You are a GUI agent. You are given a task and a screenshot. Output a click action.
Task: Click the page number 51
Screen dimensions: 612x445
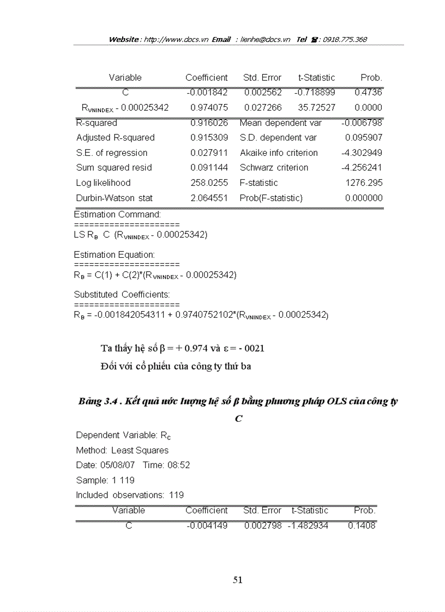237,580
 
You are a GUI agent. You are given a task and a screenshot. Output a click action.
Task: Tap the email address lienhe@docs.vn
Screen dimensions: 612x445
265,39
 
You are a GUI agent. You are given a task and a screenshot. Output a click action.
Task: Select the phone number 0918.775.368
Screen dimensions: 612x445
345,39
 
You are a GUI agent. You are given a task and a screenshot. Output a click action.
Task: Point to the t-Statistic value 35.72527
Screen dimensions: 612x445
316,108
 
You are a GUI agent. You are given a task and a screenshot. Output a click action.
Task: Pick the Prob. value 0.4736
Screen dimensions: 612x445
368,93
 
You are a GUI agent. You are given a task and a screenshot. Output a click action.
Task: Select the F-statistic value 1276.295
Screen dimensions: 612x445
364,183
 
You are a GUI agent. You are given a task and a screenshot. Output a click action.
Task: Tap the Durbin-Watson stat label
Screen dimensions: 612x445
115,198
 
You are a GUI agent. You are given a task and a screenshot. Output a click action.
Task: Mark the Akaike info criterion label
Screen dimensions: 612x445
278,153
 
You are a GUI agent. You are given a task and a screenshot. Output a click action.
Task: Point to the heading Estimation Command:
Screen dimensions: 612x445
117,215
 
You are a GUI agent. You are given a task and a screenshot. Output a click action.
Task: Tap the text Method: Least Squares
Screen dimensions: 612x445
122,451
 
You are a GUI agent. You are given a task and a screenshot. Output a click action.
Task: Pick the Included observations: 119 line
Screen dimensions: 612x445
130,495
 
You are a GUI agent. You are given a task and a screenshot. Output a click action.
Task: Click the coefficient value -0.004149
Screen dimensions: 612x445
207,526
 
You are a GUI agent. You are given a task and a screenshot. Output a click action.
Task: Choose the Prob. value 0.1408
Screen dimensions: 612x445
362,526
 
